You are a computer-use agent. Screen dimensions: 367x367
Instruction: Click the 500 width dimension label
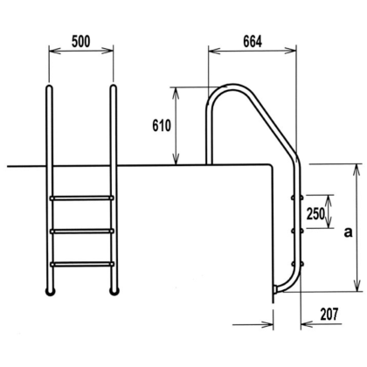click(81, 42)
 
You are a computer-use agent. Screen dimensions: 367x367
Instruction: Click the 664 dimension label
click(253, 42)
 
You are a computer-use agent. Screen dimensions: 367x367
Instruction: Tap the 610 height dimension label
click(162, 126)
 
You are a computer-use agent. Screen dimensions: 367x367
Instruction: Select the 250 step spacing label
click(315, 214)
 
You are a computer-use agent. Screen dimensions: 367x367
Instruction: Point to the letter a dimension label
click(348, 232)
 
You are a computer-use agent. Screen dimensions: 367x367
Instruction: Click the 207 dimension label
click(329, 315)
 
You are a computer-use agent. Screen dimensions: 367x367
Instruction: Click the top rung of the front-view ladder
click(82, 198)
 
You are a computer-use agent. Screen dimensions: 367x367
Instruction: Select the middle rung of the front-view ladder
click(82, 232)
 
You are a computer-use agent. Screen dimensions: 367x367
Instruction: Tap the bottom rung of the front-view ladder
click(82, 265)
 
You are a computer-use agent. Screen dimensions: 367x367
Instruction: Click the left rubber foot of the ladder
click(50, 292)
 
